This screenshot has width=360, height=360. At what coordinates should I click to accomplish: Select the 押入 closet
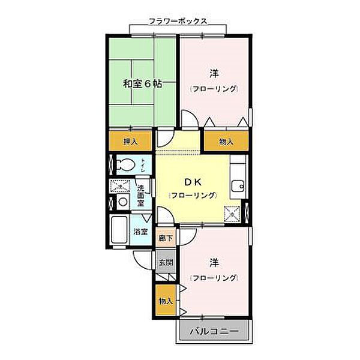tap(131, 142)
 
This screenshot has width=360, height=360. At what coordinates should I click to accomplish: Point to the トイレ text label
tap(142, 165)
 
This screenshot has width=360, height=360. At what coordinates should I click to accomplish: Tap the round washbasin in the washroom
tap(122, 202)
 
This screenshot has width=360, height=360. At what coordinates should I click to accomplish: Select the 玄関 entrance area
tap(166, 262)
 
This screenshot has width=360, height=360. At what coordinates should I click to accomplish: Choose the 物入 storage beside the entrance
tap(166, 301)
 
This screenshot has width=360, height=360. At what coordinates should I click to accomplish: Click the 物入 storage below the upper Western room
tap(226, 142)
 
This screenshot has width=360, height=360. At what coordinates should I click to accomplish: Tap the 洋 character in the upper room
tap(214, 73)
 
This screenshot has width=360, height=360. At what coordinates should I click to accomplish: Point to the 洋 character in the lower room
tap(214, 262)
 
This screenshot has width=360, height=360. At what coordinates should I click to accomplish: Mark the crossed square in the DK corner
tap(230, 212)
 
